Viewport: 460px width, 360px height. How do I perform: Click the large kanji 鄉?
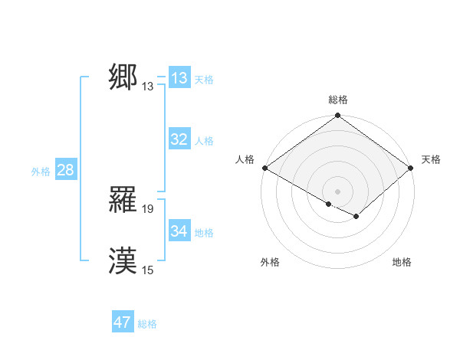tap(123, 77)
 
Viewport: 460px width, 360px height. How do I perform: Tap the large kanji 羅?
tap(123, 200)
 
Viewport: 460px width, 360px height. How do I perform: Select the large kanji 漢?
tap(123, 261)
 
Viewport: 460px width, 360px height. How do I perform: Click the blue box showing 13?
tap(179, 78)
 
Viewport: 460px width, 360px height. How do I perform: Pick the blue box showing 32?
tap(179, 139)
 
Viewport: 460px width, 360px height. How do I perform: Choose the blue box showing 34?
tap(179, 231)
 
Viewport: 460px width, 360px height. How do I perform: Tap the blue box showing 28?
tap(65, 170)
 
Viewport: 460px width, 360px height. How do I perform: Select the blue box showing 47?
tap(123, 322)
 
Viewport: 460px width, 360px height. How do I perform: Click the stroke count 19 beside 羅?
tap(148, 209)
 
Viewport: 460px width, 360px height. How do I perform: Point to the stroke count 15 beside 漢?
tap(148, 270)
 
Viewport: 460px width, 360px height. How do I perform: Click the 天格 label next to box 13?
tap(204, 80)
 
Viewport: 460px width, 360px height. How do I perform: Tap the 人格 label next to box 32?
tap(204, 141)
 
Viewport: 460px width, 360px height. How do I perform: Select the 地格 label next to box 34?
tap(204, 232)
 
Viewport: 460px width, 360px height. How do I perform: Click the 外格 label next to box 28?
tap(41, 172)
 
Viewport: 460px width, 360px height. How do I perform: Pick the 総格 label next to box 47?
tap(147, 324)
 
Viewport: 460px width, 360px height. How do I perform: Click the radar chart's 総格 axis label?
tap(338, 100)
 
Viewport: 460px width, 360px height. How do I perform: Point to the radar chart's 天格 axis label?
tap(431, 159)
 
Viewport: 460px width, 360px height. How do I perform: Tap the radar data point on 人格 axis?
tap(264, 168)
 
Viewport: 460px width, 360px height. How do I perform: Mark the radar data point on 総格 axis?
tap(338, 116)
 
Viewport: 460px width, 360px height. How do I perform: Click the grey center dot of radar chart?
tap(338, 191)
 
